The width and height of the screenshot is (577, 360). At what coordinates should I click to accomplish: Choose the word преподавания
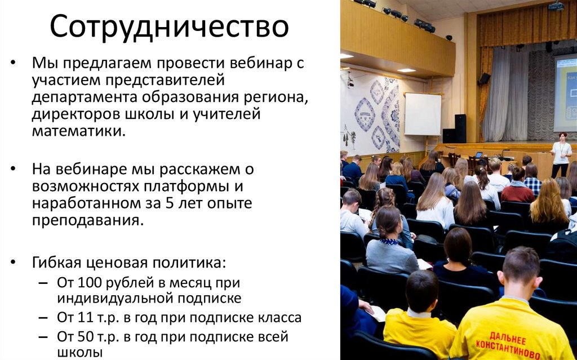85,220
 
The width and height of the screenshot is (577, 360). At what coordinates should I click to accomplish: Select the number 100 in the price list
92,282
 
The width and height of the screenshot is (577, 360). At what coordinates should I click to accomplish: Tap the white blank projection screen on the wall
423,114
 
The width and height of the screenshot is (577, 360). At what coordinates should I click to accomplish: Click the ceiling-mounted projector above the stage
556,6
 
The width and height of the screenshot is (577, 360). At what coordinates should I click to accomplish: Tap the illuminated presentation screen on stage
565,93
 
